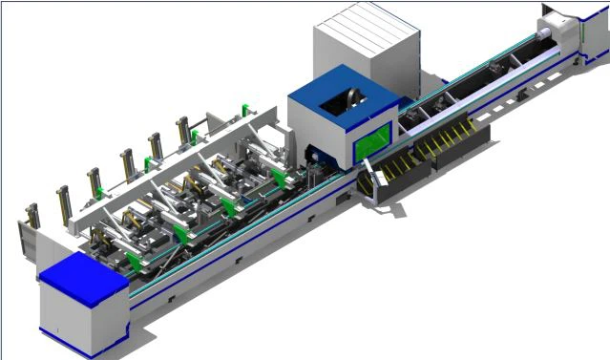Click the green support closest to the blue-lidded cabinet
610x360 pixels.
pyautogui.click(x=133, y=261)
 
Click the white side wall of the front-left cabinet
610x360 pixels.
pyautogui.click(x=67, y=320)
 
